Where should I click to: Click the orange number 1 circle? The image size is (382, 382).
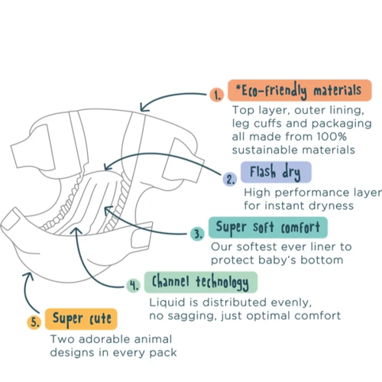(x=217, y=95)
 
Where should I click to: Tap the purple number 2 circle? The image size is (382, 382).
(x=230, y=179)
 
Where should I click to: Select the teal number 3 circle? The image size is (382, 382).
(x=197, y=234)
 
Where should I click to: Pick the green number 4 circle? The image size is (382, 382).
(x=133, y=285)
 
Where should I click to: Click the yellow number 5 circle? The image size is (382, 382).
(x=34, y=322)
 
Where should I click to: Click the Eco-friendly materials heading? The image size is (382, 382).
(x=299, y=90)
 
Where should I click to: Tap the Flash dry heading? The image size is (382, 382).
(x=276, y=172)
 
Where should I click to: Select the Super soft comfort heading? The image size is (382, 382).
(x=268, y=228)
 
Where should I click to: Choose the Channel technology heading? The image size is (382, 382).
(x=201, y=282)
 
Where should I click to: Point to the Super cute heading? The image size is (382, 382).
(x=81, y=319)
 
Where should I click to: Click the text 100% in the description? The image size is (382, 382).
(x=332, y=137)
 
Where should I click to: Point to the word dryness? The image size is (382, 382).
(x=331, y=206)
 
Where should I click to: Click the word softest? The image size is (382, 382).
(x=257, y=247)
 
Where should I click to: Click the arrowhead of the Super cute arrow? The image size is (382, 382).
(x=28, y=276)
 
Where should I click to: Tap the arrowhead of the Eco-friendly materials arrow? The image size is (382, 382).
(x=144, y=108)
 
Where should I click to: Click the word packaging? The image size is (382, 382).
(x=342, y=124)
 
